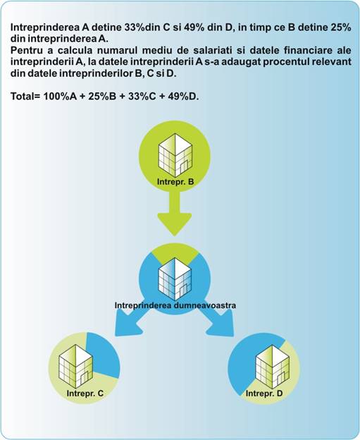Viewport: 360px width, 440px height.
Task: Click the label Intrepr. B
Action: (175, 182)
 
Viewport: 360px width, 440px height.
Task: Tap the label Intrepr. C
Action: (85, 393)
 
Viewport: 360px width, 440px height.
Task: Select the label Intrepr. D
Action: (264, 393)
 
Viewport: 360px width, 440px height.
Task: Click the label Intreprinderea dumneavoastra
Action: (175, 305)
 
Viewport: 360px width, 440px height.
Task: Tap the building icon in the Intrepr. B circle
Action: (175, 156)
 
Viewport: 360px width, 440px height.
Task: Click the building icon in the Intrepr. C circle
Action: (75, 367)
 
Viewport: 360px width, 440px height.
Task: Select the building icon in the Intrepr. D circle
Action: (272, 367)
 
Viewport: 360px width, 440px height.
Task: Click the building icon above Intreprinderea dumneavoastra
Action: (175, 279)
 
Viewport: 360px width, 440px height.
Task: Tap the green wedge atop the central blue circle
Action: (175, 252)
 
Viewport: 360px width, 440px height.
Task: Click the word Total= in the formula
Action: (26, 96)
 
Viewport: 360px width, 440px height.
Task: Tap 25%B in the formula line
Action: (102, 96)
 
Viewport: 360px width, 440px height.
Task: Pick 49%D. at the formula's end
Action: (184, 96)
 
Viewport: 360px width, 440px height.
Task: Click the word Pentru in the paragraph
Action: (25, 50)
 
